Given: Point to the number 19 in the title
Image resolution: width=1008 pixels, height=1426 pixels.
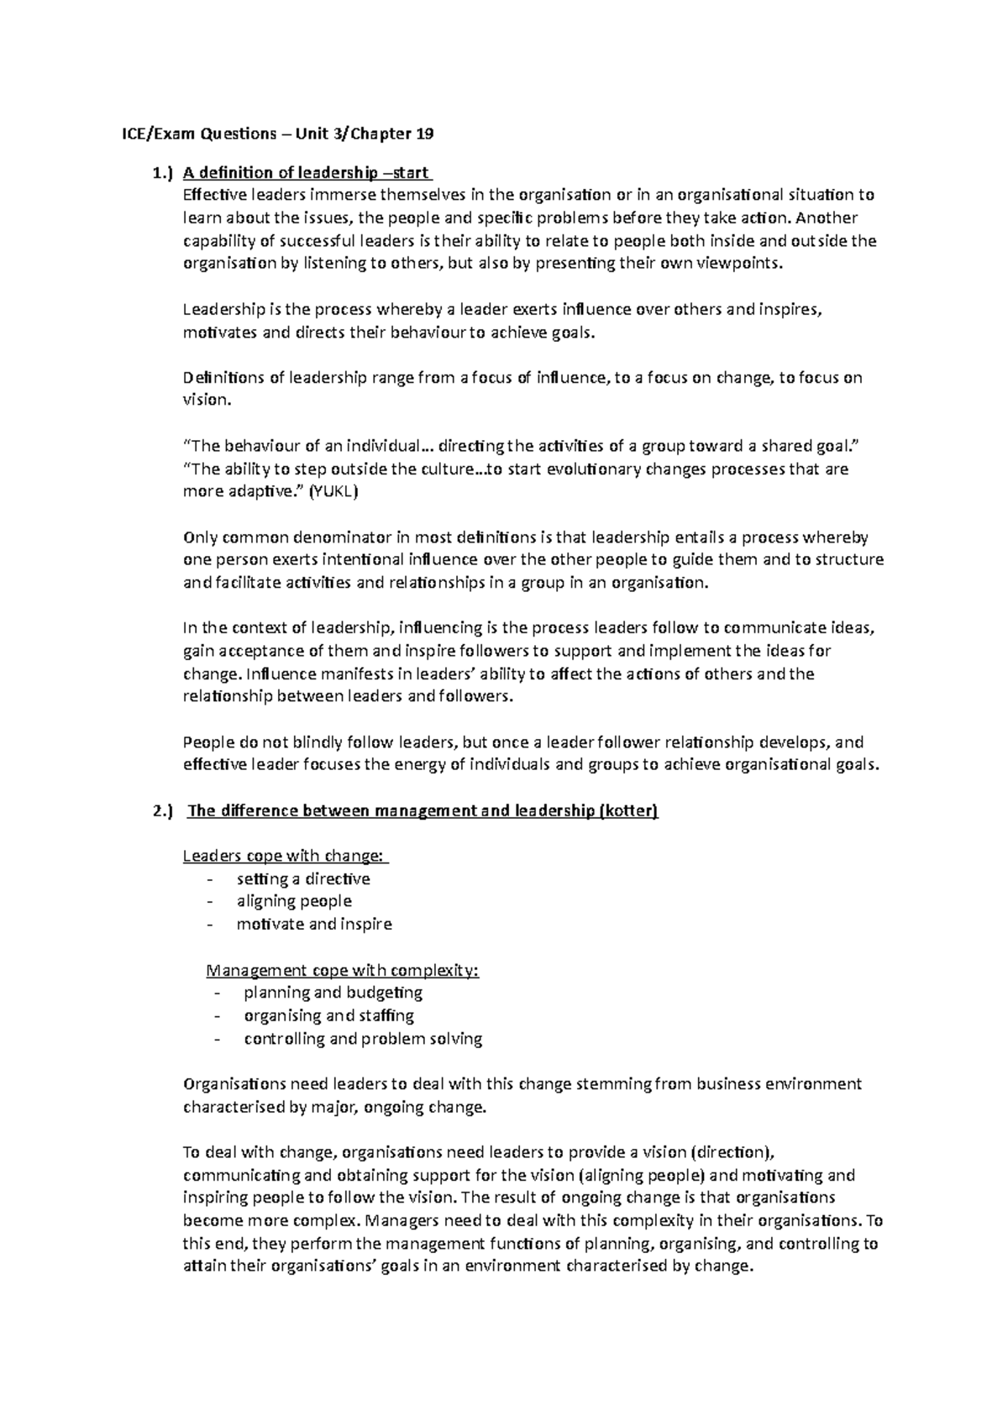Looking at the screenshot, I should click(424, 134).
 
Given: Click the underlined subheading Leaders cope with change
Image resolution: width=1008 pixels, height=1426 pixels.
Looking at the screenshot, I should click(286, 856).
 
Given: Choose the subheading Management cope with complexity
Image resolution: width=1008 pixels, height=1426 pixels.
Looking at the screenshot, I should click(343, 970).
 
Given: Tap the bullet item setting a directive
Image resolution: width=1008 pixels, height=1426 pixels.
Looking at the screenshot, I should click(303, 878).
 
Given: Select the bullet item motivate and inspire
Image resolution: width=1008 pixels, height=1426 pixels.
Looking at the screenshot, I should click(314, 924).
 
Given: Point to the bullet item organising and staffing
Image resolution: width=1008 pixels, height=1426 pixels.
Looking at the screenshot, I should click(328, 1015).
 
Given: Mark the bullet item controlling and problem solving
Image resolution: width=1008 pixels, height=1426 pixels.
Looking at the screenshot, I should click(363, 1038).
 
